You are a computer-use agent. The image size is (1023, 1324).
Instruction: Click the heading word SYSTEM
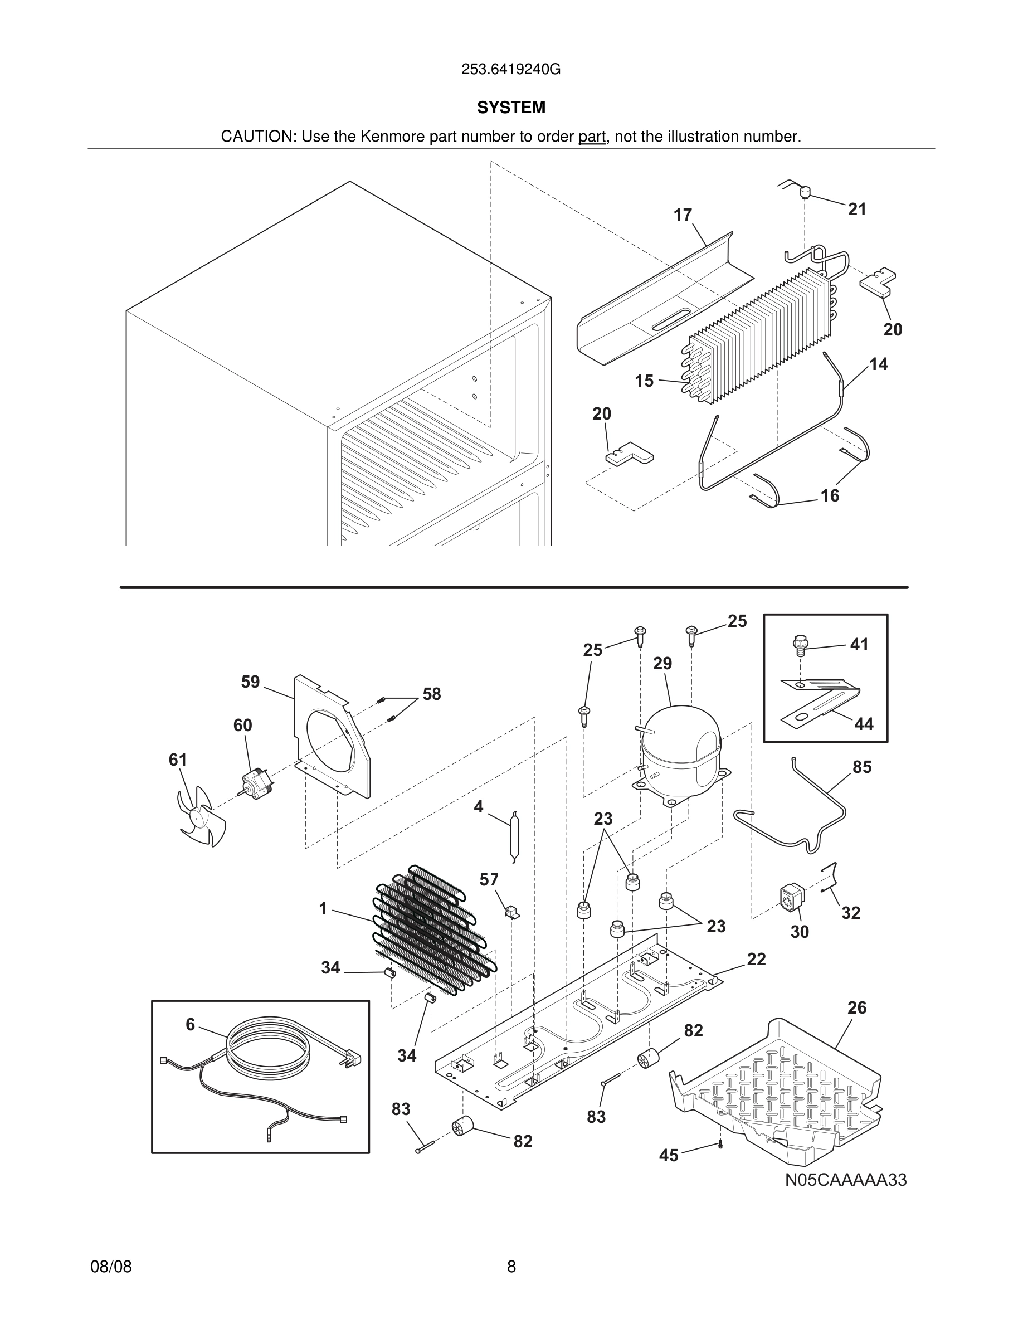click(x=511, y=108)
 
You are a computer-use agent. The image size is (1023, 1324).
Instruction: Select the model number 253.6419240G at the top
click(x=511, y=70)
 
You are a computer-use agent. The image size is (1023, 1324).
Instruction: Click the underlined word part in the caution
click(x=592, y=137)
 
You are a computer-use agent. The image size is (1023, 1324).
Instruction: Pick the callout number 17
click(x=683, y=215)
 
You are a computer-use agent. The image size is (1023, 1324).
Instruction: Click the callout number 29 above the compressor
click(x=662, y=664)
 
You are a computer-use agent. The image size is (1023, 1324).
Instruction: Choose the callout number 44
click(x=864, y=724)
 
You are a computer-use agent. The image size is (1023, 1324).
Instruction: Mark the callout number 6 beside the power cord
click(x=191, y=1025)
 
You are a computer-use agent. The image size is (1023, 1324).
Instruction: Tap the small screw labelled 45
click(x=720, y=1145)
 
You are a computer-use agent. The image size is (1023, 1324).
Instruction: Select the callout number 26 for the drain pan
click(x=857, y=1007)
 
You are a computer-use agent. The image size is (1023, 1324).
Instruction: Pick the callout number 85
click(x=862, y=767)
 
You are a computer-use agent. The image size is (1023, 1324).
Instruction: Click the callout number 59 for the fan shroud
click(x=250, y=682)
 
